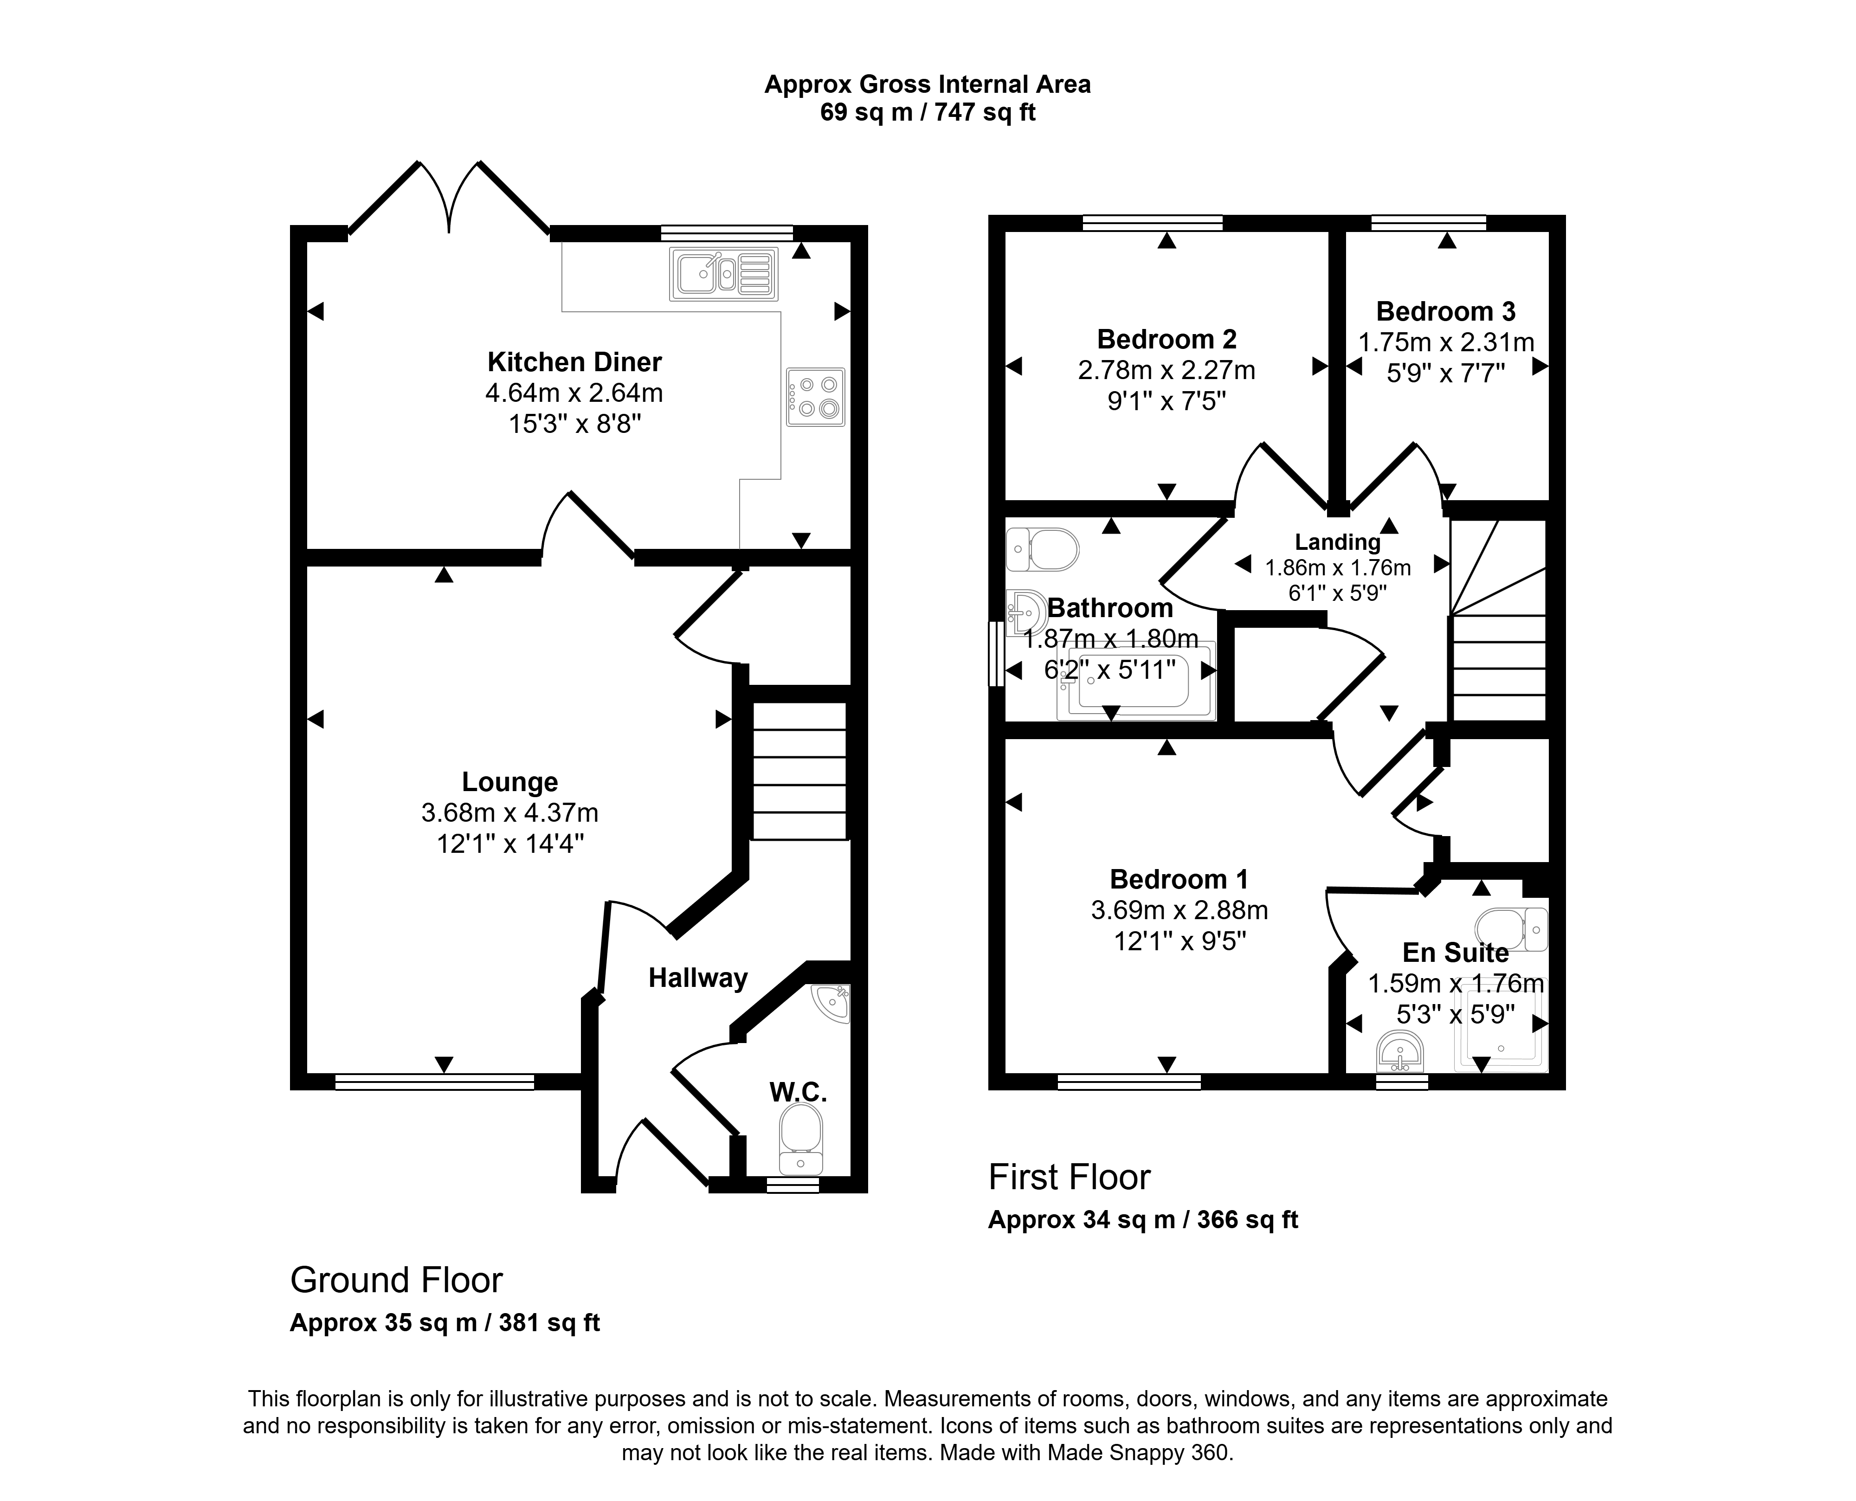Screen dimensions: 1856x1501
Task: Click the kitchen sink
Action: (x=723, y=274)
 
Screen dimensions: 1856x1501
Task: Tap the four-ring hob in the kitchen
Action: (x=815, y=397)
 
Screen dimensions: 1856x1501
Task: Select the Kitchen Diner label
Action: (x=575, y=361)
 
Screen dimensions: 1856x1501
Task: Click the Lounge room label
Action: (x=510, y=782)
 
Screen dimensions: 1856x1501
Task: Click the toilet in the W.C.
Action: (x=800, y=1140)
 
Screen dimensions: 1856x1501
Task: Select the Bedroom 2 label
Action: (x=1167, y=338)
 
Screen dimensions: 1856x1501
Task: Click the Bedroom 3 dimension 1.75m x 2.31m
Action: (x=1446, y=342)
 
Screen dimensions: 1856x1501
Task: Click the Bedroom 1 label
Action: (x=1179, y=879)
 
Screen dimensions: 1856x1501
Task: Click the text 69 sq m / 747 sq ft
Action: (x=928, y=112)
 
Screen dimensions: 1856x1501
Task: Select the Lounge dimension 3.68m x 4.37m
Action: (x=510, y=813)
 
